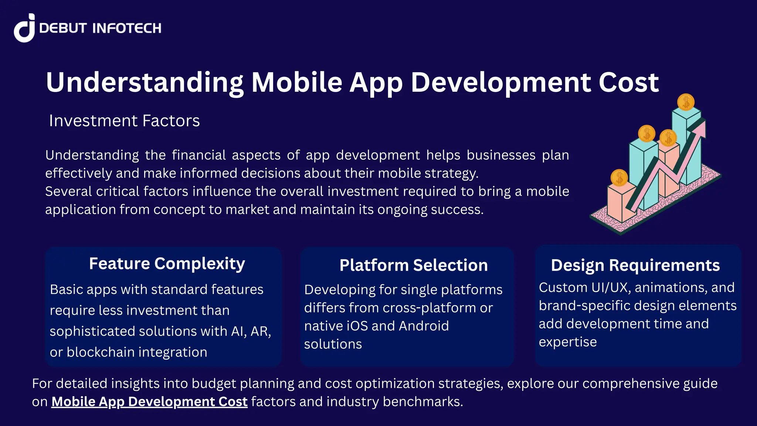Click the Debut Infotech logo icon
coord(24,28)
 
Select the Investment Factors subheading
coord(124,121)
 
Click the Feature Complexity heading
coord(167,264)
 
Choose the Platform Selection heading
coord(413,266)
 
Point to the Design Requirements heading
coord(635,266)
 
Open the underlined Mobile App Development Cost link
coord(149,402)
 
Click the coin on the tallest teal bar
coord(686,102)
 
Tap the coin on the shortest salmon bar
coord(619,178)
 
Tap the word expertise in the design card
coord(567,342)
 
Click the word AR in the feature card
coord(260,331)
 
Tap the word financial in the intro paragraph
coord(199,155)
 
